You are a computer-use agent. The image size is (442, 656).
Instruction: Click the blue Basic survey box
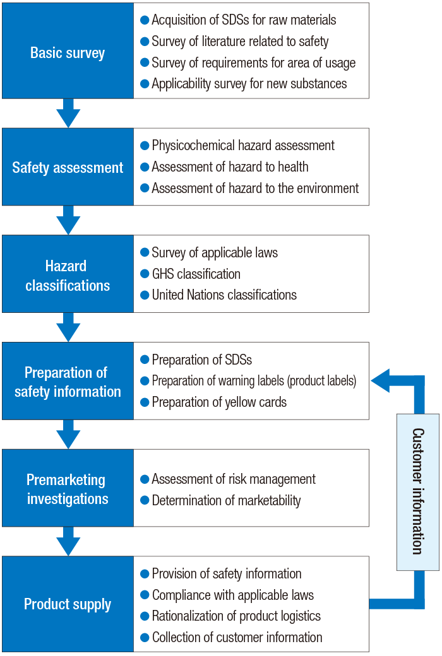pos(68,51)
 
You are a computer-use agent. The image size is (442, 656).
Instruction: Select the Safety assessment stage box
pos(68,167)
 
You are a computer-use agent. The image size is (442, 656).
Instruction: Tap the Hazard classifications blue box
pos(68,274)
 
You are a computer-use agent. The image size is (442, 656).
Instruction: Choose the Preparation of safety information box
pos(68,381)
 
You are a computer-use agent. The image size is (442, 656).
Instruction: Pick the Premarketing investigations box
pos(68,488)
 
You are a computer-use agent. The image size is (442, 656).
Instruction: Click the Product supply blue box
pos(68,604)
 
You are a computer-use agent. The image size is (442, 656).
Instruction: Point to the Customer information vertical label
pos(417,491)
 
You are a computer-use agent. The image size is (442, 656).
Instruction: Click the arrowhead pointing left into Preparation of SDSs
pos(381,380)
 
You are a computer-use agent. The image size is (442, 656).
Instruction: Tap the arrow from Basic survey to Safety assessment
pos(68,114)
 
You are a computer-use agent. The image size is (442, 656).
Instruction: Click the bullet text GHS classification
pos(196,274)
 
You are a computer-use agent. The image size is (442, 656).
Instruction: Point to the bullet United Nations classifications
pos(224,295)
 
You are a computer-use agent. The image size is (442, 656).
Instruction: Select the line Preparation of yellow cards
pos(219,402)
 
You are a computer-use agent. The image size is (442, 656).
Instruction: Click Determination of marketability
pos(226,500)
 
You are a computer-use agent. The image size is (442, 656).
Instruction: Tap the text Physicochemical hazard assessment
pos(243,145)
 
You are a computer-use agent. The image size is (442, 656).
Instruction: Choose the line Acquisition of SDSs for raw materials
pos(244,20)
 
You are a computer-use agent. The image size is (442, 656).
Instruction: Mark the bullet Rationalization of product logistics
pos(236,616)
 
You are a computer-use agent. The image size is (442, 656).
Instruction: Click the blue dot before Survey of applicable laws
pos(145,253)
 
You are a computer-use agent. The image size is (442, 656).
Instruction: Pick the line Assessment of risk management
pos(234,479)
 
